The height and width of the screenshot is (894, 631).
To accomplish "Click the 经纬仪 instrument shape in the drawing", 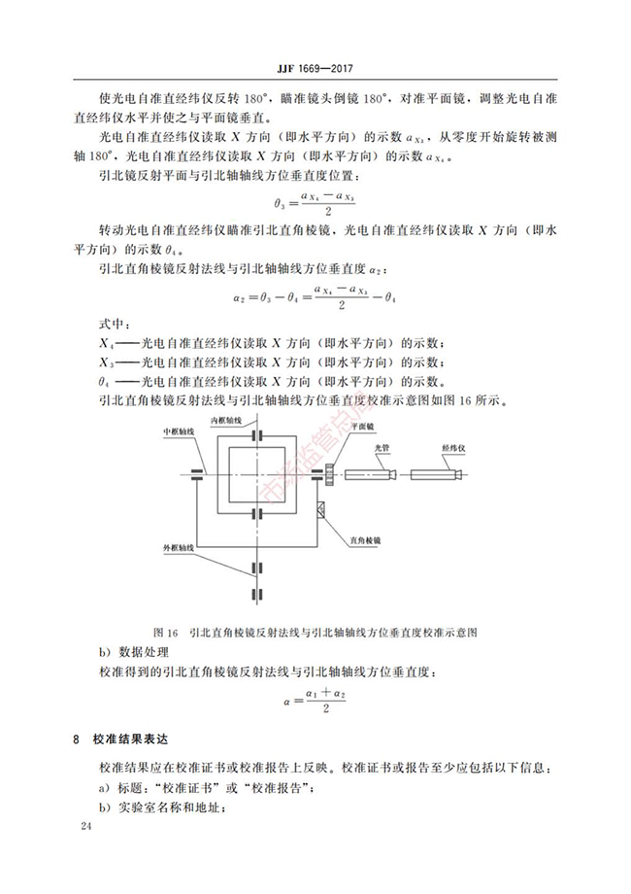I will point(443,474).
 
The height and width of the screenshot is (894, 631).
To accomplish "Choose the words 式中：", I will point(114,323).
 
